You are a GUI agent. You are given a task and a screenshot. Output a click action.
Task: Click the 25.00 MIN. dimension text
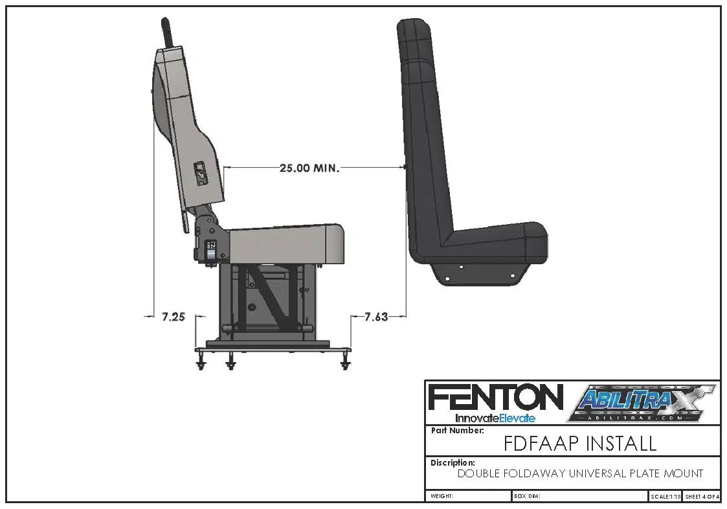(x=309, y=168)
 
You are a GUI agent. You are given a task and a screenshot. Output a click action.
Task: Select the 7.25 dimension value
(x=173, y=317)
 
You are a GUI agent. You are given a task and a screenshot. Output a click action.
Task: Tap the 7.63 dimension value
(x=376, y=317)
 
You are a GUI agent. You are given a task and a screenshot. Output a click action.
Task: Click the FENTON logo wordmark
(x=495, y=397)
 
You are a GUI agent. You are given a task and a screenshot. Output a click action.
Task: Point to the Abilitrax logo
(x=642, y=403)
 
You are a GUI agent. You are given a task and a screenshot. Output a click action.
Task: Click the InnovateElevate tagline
(x=495, y=418)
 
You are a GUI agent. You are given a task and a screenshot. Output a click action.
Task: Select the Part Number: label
(x=457, y=431)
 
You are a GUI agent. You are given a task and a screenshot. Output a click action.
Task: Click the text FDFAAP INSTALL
(x=579, y=444)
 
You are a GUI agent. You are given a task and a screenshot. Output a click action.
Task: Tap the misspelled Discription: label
(x=453, y=463)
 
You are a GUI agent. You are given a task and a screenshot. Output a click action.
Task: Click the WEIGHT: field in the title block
(x=442, y=496)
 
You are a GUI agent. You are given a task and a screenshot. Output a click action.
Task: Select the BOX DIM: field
(x=527, y=496)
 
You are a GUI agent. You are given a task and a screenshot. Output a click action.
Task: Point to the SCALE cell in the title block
(x=665, y=496)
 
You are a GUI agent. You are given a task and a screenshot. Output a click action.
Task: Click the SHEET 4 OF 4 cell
(x=702, y=496)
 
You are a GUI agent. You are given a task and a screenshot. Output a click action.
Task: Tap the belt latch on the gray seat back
(x=201, y=173)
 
